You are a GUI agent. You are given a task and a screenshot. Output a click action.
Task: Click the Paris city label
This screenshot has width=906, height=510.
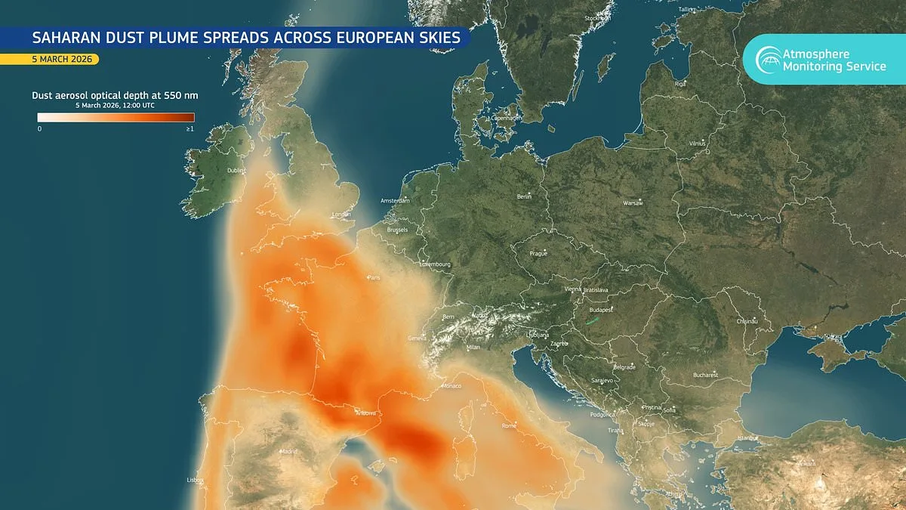374,278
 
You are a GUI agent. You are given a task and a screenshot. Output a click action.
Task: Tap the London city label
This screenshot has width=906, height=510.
342,215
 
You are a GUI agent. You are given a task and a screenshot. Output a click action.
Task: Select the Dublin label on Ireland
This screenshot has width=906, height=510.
237,171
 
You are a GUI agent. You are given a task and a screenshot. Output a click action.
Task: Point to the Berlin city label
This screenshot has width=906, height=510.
525,196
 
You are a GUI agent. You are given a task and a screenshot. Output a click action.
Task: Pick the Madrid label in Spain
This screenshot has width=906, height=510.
289,451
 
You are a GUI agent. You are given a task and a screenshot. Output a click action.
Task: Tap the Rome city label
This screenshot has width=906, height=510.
508,425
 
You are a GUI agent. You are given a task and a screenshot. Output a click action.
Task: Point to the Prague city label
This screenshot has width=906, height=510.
538,253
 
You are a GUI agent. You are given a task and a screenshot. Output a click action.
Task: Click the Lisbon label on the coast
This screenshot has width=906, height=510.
196,480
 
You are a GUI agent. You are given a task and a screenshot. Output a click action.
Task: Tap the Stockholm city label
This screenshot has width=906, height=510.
597,18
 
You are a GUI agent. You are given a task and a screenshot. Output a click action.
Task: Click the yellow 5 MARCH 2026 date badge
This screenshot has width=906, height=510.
49,59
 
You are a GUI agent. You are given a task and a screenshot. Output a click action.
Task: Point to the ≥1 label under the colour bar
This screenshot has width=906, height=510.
190,129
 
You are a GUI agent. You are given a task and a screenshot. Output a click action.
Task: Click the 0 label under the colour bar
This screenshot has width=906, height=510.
39,129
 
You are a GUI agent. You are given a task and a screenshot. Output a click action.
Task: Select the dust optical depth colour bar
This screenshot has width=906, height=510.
116,117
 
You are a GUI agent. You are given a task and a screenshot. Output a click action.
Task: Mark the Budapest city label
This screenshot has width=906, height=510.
602,309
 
